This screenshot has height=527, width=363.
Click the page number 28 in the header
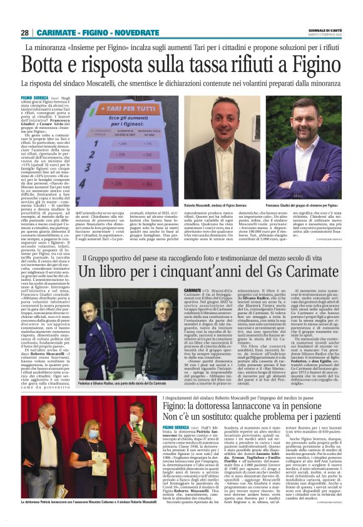coord(25,33)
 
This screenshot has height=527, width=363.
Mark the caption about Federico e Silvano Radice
coord(120,382)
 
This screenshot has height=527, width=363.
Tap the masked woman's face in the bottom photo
coord(93,432)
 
